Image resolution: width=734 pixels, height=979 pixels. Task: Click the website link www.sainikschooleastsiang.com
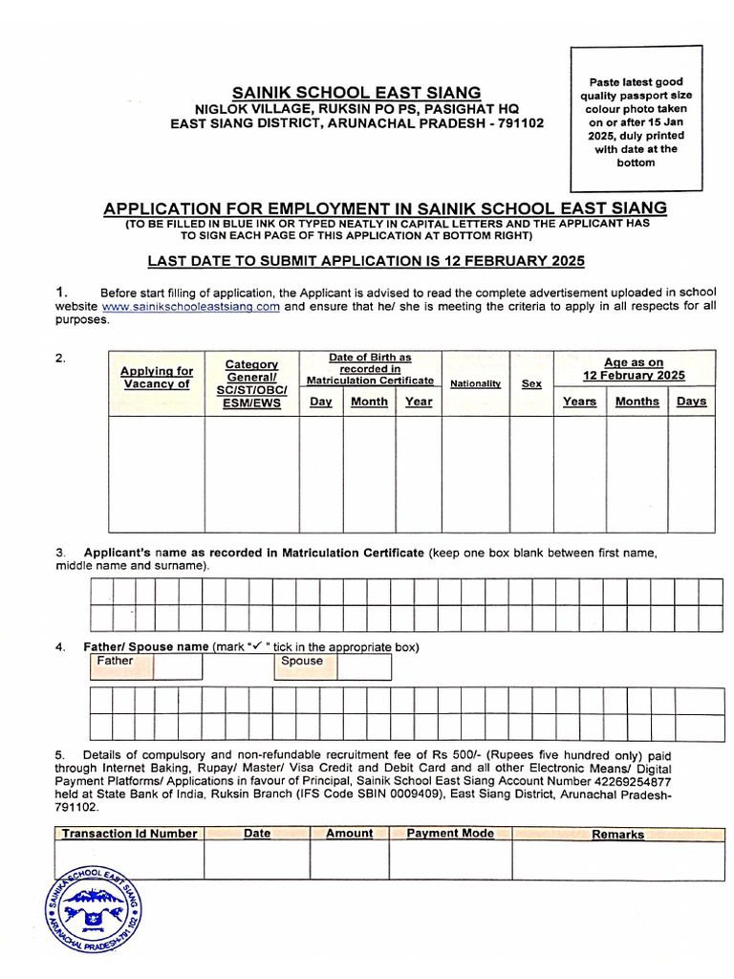[x=190, y=307]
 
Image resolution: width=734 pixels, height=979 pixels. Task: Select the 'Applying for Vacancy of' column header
[x=157, y=378]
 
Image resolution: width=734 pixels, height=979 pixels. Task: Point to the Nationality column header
[x=475, y=383]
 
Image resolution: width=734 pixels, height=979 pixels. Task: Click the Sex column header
[x=531, y=383]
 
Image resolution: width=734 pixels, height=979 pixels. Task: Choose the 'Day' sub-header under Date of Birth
[x=321, y=402]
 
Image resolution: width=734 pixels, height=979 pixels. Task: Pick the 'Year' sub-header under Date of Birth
[x=419, y=402]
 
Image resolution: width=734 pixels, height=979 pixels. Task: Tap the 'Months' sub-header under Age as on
[x=637, y=402]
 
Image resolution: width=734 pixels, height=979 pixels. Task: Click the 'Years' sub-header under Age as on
[x=579, y=402]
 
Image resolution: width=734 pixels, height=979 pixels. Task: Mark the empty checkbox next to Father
[x=175, y=666]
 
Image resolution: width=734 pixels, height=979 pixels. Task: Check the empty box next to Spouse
[x=364, y=666]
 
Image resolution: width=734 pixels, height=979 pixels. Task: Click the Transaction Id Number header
[x=129, y=834]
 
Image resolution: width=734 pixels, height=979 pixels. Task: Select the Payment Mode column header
[x=450, y=834]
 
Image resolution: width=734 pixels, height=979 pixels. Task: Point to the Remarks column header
[x=617, y=835]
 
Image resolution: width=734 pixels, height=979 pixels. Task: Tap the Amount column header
[x=349, y=834]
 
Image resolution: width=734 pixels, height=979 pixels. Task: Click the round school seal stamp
[x=93, y=911]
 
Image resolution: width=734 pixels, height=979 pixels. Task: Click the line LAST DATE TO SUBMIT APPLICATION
[x=365, y=261]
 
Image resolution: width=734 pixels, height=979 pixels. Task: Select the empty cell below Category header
[x=251, y=473]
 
